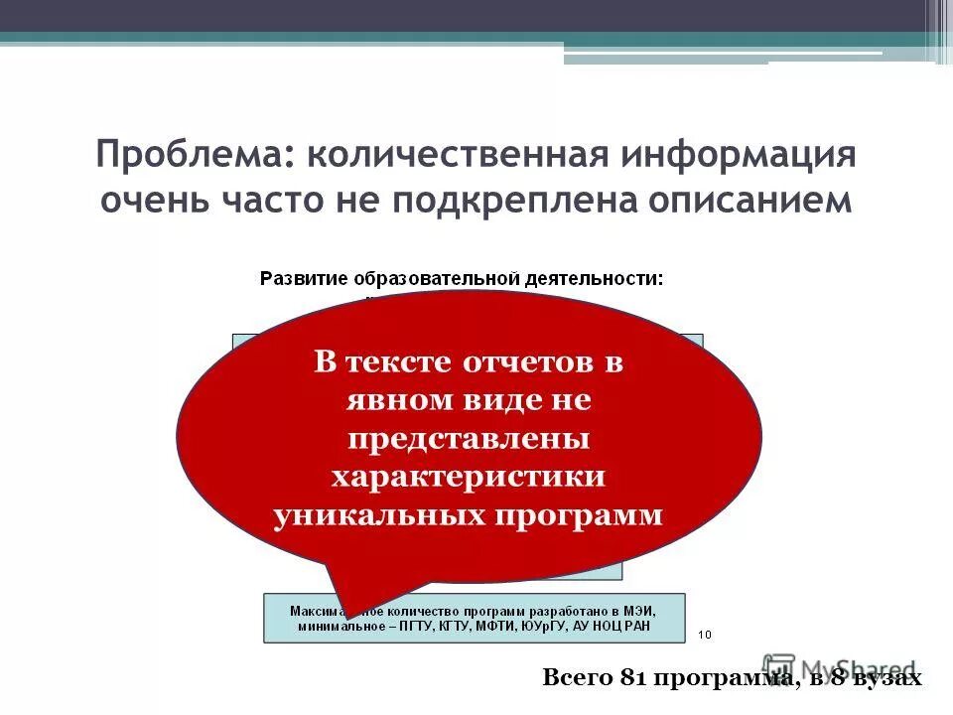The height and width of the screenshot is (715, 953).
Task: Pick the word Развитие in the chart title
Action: pos(303,278)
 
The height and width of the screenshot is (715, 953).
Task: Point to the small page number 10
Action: pos(706,634)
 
